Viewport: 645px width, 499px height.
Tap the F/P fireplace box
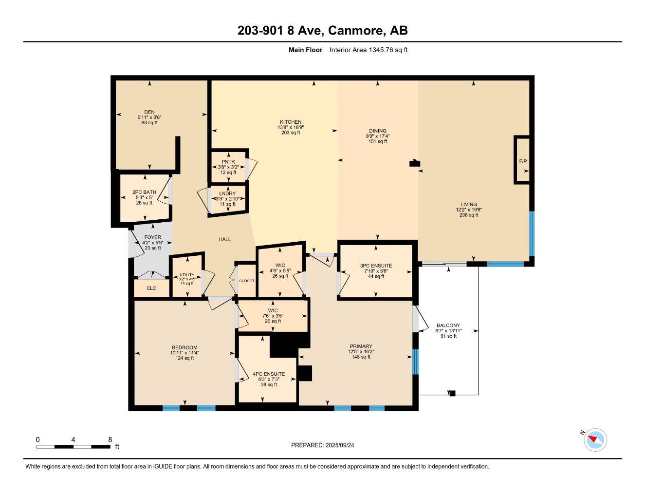522,160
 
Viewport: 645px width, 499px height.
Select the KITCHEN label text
290,122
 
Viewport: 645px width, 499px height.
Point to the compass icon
595,440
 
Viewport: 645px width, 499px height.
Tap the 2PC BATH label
144,192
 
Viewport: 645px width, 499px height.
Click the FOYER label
152,237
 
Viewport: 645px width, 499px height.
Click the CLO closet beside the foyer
151,288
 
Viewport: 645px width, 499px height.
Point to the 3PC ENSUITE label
376,266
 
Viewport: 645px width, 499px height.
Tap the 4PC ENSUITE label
269,374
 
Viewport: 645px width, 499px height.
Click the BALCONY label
448,326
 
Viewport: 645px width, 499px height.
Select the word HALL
224,239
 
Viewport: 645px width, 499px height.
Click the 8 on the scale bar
110,440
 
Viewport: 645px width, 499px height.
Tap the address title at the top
322,31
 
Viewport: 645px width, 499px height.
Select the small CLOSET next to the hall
246,281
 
